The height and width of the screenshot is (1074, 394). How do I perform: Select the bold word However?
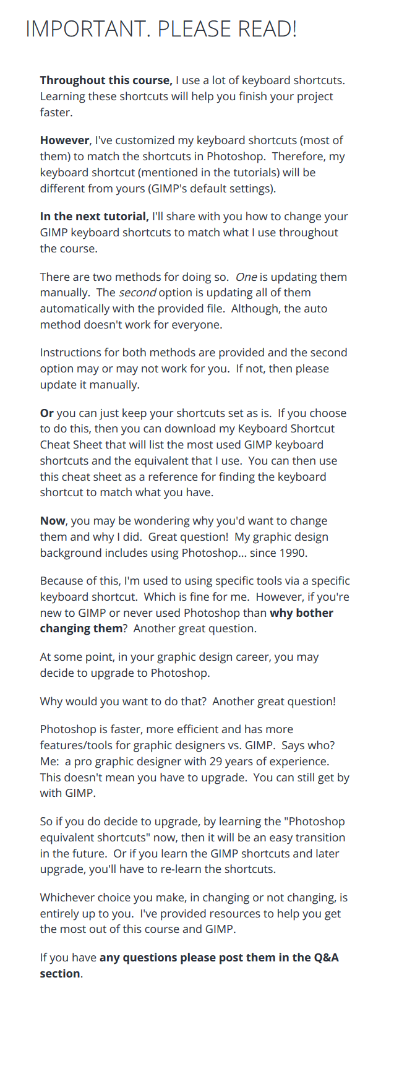point(65,140)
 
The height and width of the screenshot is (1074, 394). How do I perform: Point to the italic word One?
point(246,277)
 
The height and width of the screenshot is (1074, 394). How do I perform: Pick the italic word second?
point(137,293)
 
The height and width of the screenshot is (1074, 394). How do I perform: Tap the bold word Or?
point(47,413)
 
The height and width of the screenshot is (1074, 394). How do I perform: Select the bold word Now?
point(53,521)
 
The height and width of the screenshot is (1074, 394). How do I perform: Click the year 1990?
point(293,553)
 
